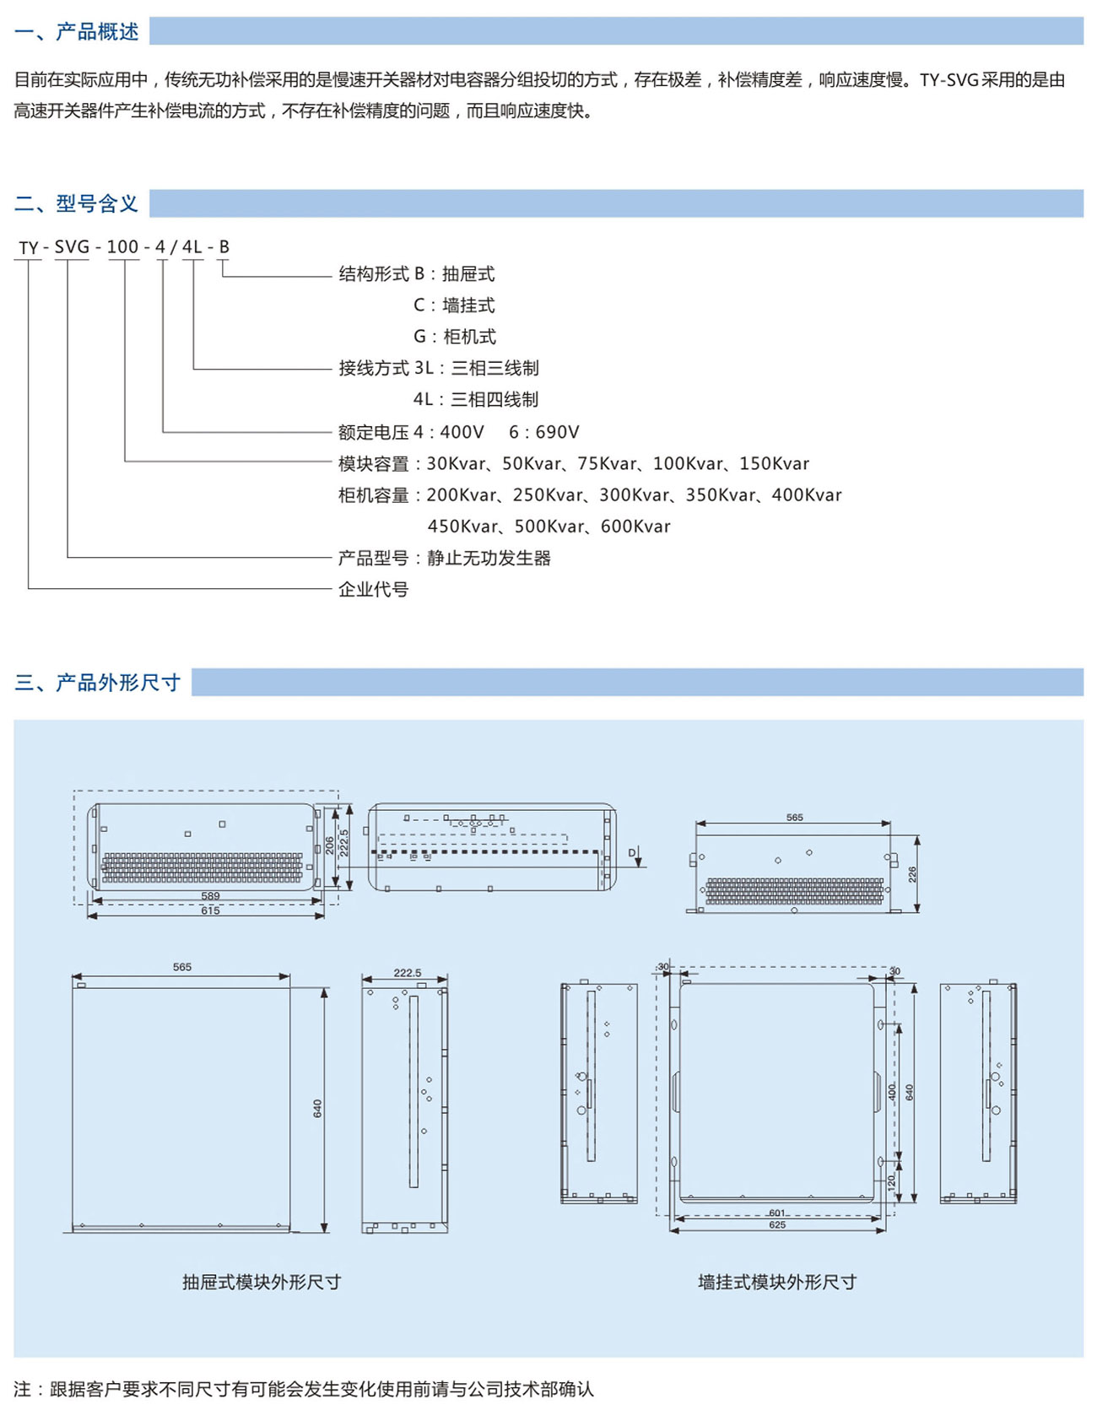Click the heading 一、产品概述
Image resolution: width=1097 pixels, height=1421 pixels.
point(76,32)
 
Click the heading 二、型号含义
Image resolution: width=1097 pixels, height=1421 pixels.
point(76,203)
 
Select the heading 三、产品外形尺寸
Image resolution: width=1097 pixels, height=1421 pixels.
point(97,682)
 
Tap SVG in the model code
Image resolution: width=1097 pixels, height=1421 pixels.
point(72,247)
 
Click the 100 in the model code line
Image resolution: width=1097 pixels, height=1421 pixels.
point(122,247)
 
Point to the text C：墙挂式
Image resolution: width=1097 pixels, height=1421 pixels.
point(454,305)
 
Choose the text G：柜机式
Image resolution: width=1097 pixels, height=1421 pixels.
point(454,337)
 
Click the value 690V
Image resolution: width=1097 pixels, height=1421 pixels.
point(556,432)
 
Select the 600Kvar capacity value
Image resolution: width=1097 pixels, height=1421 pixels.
point(635,527)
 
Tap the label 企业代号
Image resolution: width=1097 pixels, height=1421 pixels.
point(373,590)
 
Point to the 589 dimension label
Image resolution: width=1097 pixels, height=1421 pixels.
point(210,896)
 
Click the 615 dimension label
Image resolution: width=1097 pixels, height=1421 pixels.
point(210,910)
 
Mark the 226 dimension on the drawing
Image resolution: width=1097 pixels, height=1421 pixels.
point(912,874)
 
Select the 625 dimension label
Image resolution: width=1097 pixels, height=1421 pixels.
point(777,1224)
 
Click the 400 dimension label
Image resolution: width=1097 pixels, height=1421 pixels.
point(891,1091)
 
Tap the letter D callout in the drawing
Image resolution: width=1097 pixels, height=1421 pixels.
point(631,853)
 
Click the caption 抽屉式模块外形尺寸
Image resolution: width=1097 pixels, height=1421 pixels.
point(262,1282)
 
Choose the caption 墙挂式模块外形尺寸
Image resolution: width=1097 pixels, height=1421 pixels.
point(777,1282)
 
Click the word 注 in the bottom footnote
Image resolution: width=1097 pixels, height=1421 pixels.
point(22,1389)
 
